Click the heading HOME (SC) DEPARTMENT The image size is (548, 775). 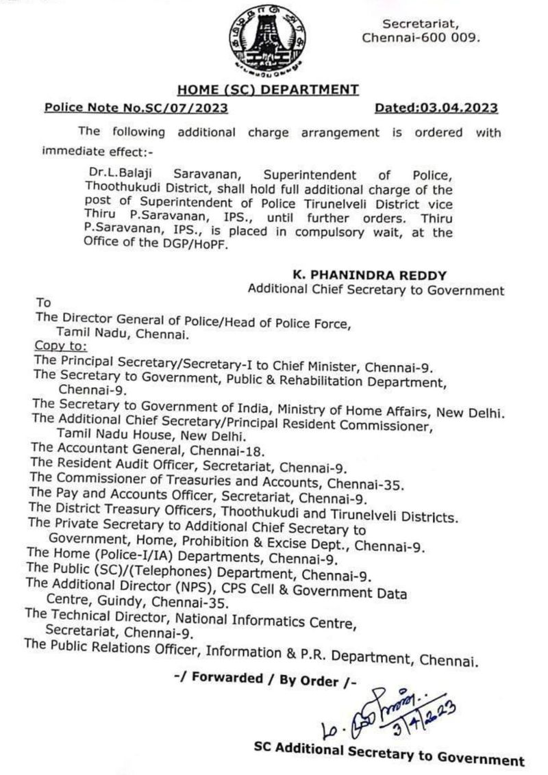tap(268, 89)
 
